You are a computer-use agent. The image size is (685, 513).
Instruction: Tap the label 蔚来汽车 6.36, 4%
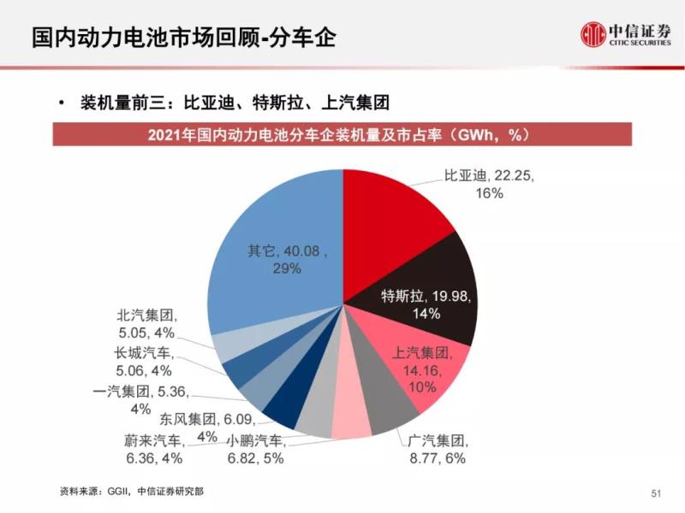pos(154,450)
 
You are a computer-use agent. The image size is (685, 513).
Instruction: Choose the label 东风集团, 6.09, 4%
pos(195,427)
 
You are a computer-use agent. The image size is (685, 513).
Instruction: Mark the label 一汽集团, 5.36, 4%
pos(140,401)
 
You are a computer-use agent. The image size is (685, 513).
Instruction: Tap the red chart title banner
pos(342,135)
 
